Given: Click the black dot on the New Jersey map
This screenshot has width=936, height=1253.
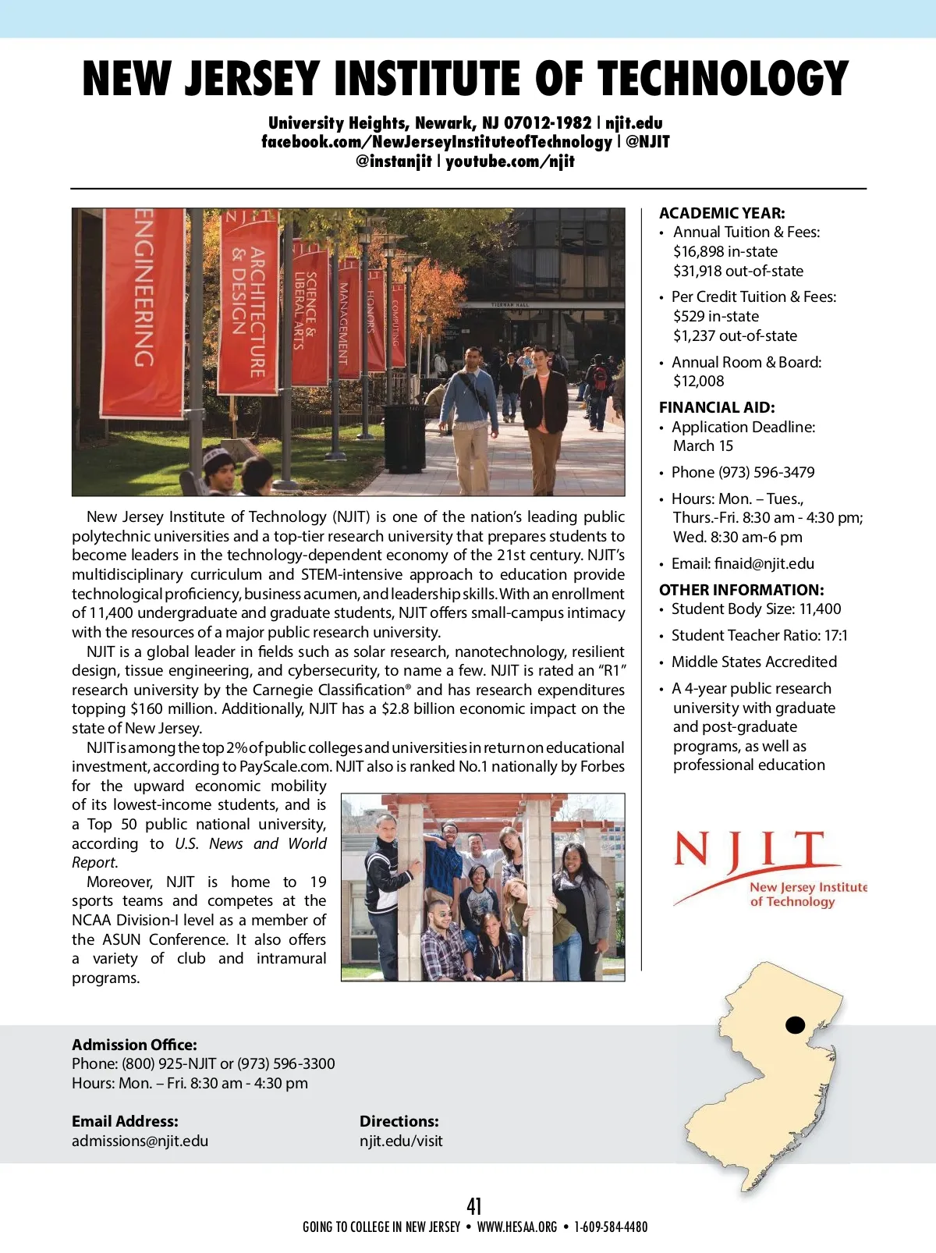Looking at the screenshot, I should pos(795,1025).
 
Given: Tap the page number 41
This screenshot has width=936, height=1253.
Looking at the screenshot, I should pos(474,1206).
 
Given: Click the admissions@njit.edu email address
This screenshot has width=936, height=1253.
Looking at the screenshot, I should pos(140,1141).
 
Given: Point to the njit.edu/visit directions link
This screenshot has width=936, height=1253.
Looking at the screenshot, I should pos(401,1141).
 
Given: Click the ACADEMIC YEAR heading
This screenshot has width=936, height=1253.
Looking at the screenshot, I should pos(721,213).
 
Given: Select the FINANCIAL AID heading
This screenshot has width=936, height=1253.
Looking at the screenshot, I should pos(717,407).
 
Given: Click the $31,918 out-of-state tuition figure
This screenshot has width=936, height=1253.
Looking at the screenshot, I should pos(738,271).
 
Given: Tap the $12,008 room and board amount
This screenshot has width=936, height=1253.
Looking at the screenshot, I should pos(699,381).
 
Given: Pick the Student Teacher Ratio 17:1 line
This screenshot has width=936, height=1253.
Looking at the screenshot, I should pos(759,635).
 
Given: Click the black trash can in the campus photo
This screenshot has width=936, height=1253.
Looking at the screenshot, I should pos(405,437).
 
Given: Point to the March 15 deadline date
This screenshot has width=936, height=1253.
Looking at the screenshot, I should pos(703,445).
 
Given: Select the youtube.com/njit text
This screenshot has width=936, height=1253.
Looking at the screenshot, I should pos(510,162).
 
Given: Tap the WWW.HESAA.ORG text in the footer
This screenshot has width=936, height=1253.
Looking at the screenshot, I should pos(517,1226).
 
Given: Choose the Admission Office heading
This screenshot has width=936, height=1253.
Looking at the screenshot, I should pos(134,1045).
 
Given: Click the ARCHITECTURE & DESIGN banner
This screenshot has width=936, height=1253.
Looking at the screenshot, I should pos(249,304).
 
